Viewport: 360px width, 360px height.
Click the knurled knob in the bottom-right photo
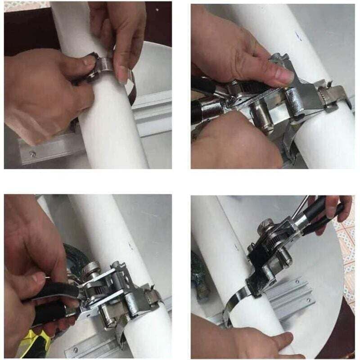pos(266,223)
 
